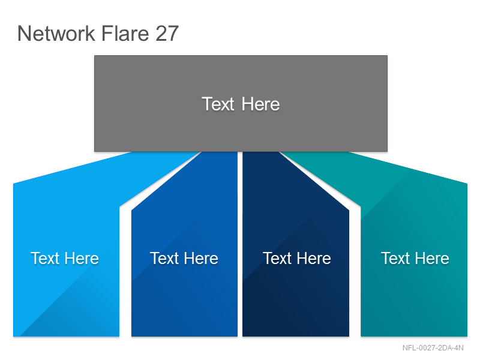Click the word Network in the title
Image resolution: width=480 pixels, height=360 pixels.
56,33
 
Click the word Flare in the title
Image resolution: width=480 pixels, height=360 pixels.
125,33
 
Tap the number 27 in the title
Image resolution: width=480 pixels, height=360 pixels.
167,33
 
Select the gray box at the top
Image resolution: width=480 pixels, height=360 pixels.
241,103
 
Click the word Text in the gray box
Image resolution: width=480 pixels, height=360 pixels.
218,104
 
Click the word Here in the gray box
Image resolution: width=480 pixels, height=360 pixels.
260,104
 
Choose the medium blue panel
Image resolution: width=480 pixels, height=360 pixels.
184,260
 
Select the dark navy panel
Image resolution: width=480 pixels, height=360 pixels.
296,260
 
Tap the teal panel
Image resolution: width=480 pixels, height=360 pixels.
414,260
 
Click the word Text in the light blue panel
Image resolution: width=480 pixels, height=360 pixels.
45,258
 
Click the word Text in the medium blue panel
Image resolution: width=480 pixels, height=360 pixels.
164,258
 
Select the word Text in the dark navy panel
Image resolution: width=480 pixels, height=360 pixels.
277,258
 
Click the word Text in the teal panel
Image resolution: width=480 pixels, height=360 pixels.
395,258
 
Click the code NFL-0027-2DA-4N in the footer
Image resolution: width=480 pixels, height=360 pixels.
433,348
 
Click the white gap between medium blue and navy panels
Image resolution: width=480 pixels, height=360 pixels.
240,244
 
